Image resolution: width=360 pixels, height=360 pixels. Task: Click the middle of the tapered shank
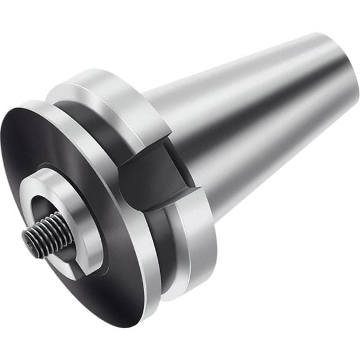(252, 120)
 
